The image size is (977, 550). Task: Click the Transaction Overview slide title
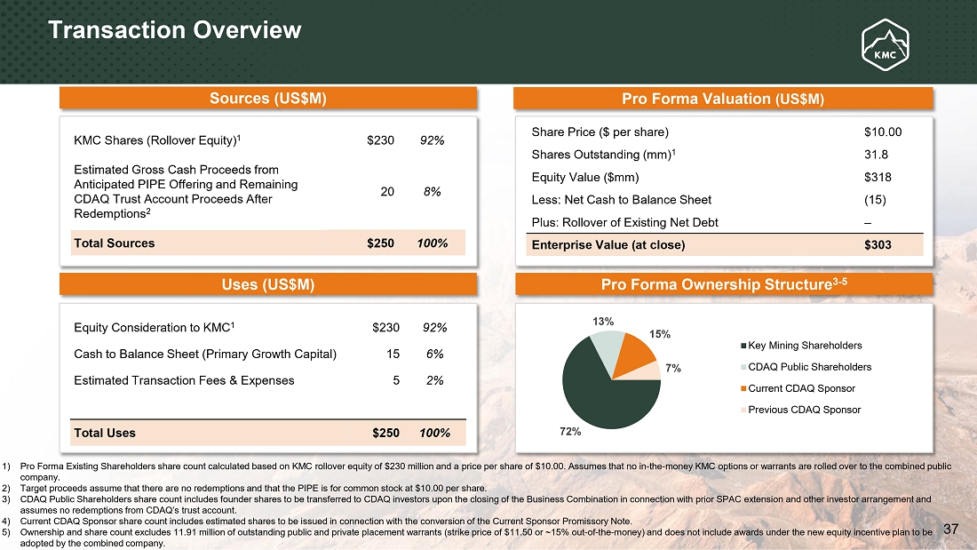pos(175,30)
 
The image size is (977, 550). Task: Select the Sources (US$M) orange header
pos(268,99)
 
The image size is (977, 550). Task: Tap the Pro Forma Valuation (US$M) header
pos(724,99)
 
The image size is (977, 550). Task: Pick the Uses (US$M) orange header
pos(268,284)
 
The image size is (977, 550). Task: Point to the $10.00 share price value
pos(882,132)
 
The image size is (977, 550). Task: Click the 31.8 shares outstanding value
pos(876,155)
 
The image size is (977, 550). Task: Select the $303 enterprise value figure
pos(878,244)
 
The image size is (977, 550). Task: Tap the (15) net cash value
pos(874,199)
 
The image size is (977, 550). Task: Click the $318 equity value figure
pos(878,177)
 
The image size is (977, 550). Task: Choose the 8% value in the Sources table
pos(433,191)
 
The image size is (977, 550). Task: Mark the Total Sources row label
pos(115,243)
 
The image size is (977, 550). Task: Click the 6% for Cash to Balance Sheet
pos(433,354)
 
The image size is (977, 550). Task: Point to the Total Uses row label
pos(105,433)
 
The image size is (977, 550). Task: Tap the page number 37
pos(951,530)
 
